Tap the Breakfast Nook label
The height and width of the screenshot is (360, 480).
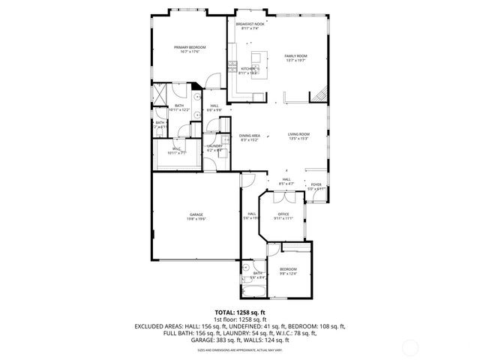click(250, 26)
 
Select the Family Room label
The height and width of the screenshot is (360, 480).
click(295, 58)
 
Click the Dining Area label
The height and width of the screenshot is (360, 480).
click(250, 138)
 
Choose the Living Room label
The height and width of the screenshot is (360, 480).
click(298, 136)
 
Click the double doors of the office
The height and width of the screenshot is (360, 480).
click(283, 197)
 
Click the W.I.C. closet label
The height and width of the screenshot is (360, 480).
click(177, 151)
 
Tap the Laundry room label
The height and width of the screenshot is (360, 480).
click(214, 148)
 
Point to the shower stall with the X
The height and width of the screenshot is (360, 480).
click(160, 96)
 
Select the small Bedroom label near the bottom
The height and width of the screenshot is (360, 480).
click(289, 271)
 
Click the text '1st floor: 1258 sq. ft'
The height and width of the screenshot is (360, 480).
click(240, 319)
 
